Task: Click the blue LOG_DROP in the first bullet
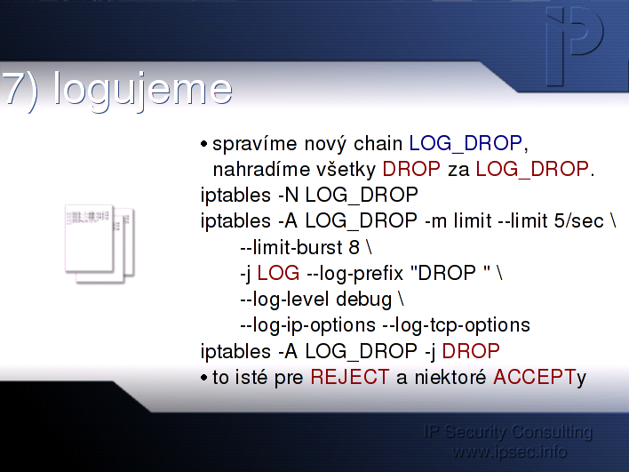point(466,143)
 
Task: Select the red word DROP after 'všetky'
point(411,169)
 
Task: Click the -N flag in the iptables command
point(288,195)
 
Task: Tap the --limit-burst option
point(291,247)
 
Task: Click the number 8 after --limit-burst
point(354,247)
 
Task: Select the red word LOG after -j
point(278,273)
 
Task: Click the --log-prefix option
point(354,274)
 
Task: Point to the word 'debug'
point(363,300)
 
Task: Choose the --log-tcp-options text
point(456,325)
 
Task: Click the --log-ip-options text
point(307,325)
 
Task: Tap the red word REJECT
point(350,377)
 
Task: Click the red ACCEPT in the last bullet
point(535,377)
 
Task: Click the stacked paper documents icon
point(100,244)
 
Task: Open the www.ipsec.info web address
point(509,452)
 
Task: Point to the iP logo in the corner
point(575,46)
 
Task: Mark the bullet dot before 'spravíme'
point(203,144)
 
